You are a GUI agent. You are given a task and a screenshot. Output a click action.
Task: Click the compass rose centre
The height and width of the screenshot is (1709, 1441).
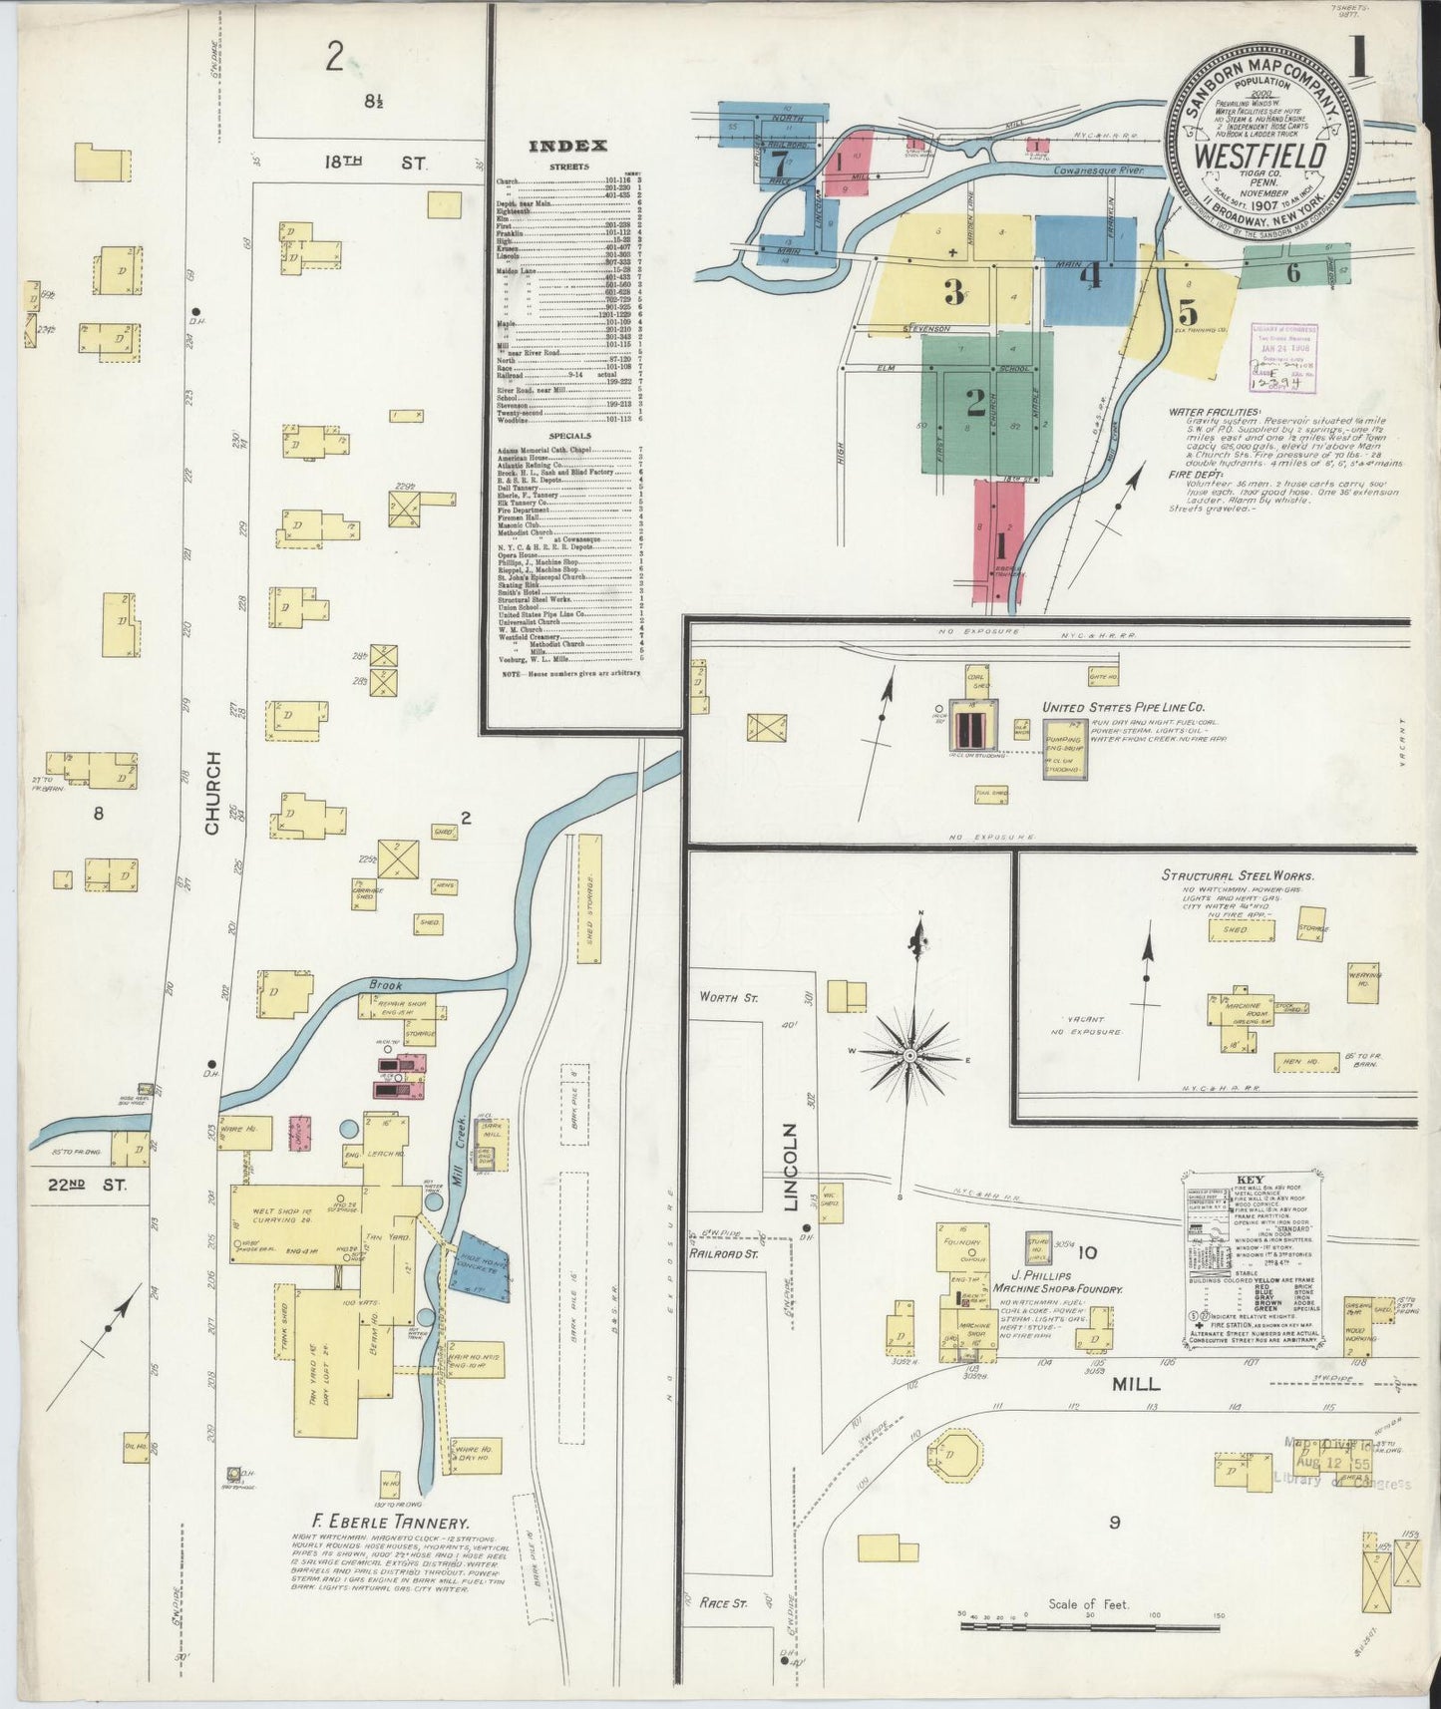909,1054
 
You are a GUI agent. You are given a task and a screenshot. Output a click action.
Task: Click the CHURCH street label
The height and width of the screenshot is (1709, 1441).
212,794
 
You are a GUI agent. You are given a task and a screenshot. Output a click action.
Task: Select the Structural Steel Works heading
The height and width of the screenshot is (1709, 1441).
1237,875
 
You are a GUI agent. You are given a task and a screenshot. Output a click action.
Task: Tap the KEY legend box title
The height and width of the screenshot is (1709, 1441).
1250,1180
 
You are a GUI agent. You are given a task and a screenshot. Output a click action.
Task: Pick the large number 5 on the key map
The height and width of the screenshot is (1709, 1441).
1187,310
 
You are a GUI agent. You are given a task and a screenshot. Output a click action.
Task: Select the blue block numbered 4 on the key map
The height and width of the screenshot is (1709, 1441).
1087,271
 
